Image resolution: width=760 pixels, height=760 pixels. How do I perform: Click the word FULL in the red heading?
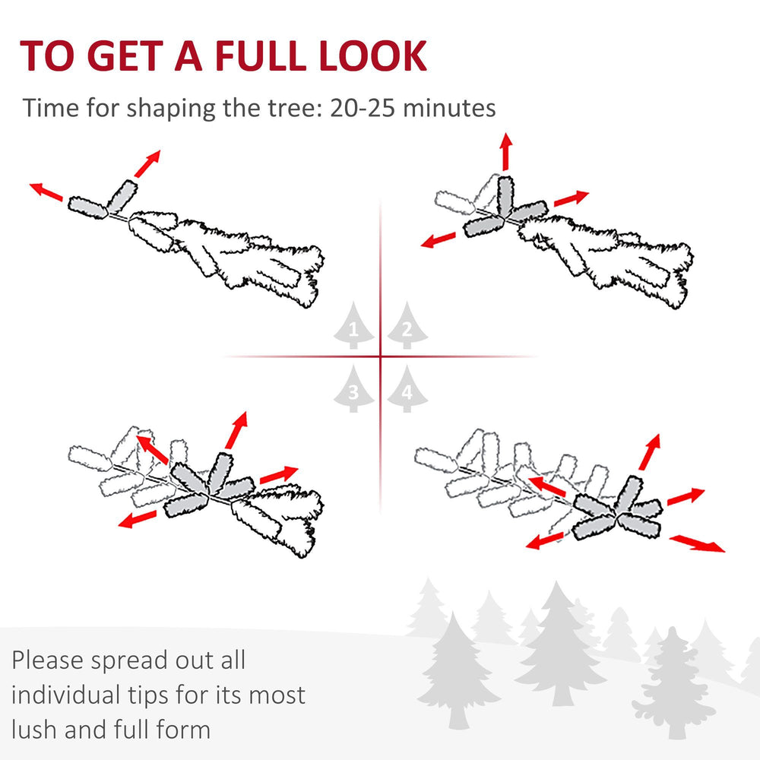[260, 55]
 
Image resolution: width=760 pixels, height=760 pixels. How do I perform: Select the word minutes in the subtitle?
[449, 108]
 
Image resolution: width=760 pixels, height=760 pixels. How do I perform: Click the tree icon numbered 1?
[354, 325]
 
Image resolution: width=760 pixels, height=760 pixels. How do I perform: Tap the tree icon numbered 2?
[407, 325]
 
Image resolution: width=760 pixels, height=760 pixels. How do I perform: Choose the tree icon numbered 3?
[354, 388]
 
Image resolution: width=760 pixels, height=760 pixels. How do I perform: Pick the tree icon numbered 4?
[407, 388]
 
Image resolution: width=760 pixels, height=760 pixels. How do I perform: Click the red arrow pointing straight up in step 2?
[506, 151]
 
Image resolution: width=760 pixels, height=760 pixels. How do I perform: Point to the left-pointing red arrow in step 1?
[46, 192]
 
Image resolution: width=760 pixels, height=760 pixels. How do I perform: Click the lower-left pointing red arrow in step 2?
[439, 240]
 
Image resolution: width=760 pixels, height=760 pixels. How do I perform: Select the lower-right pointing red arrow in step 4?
[697, 543]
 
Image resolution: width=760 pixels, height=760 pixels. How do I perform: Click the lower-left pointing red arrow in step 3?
[138, 519]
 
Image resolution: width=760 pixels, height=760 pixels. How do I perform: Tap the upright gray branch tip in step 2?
[505, 196]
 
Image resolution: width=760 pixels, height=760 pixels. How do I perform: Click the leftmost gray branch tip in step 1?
[87, 207]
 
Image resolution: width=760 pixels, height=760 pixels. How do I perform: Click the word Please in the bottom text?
[47, 660]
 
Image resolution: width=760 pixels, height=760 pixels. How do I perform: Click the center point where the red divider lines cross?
[381, 356]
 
